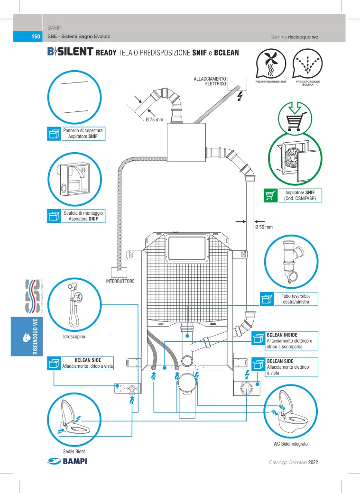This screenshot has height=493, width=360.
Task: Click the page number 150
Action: pos(35,37)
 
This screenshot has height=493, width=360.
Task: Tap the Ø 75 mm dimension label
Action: pos(154,119)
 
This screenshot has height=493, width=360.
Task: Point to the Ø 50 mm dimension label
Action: pos(264,227)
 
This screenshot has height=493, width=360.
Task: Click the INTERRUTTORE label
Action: pos(120,281)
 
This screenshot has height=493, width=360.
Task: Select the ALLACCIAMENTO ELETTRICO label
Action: pos(209,81)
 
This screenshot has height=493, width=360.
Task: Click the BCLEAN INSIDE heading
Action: pos(282,335)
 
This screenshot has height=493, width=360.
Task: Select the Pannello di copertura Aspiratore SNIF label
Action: pos(83,133)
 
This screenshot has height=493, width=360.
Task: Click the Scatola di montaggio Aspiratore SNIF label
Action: pos(83,216)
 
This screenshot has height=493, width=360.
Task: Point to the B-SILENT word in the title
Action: pos(69,52)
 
